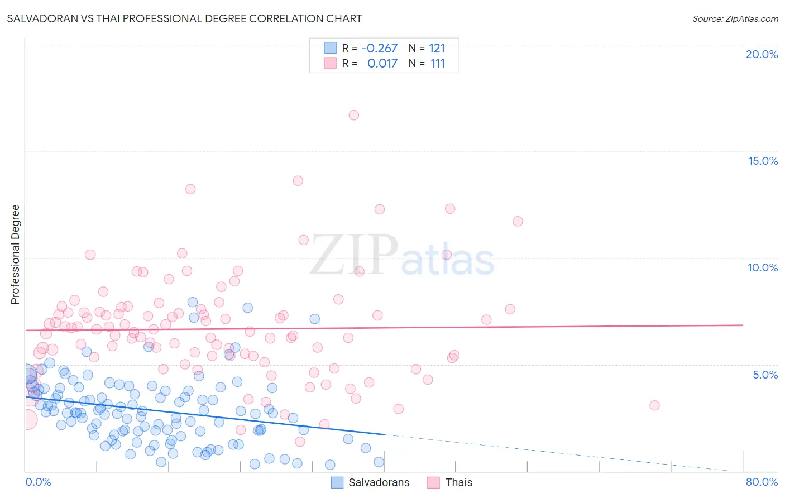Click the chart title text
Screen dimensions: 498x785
(184, 18)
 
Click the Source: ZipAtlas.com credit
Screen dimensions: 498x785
(735, 18)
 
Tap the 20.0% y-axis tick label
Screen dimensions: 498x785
(762, 54)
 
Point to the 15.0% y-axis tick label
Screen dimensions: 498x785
(763, 161)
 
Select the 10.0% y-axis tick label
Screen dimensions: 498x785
(763, 267)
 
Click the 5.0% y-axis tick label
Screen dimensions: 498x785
(765, 375)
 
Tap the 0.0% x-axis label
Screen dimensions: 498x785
(38, 482)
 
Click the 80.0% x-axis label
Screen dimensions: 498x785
(762, 482)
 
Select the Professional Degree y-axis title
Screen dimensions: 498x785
(15, 255)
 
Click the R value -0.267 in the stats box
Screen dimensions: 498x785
(380, 48)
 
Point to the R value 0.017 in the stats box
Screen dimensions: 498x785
(382, 64)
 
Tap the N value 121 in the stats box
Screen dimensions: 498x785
(437, 48)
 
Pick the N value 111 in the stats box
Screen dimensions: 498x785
(438, 64)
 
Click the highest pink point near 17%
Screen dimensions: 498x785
(353, 115)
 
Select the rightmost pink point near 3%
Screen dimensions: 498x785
(654, 405)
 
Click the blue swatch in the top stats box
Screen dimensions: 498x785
(330, 48)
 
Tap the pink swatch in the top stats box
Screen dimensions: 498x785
(330, 64)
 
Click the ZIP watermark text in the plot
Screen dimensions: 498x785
(354, 255)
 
